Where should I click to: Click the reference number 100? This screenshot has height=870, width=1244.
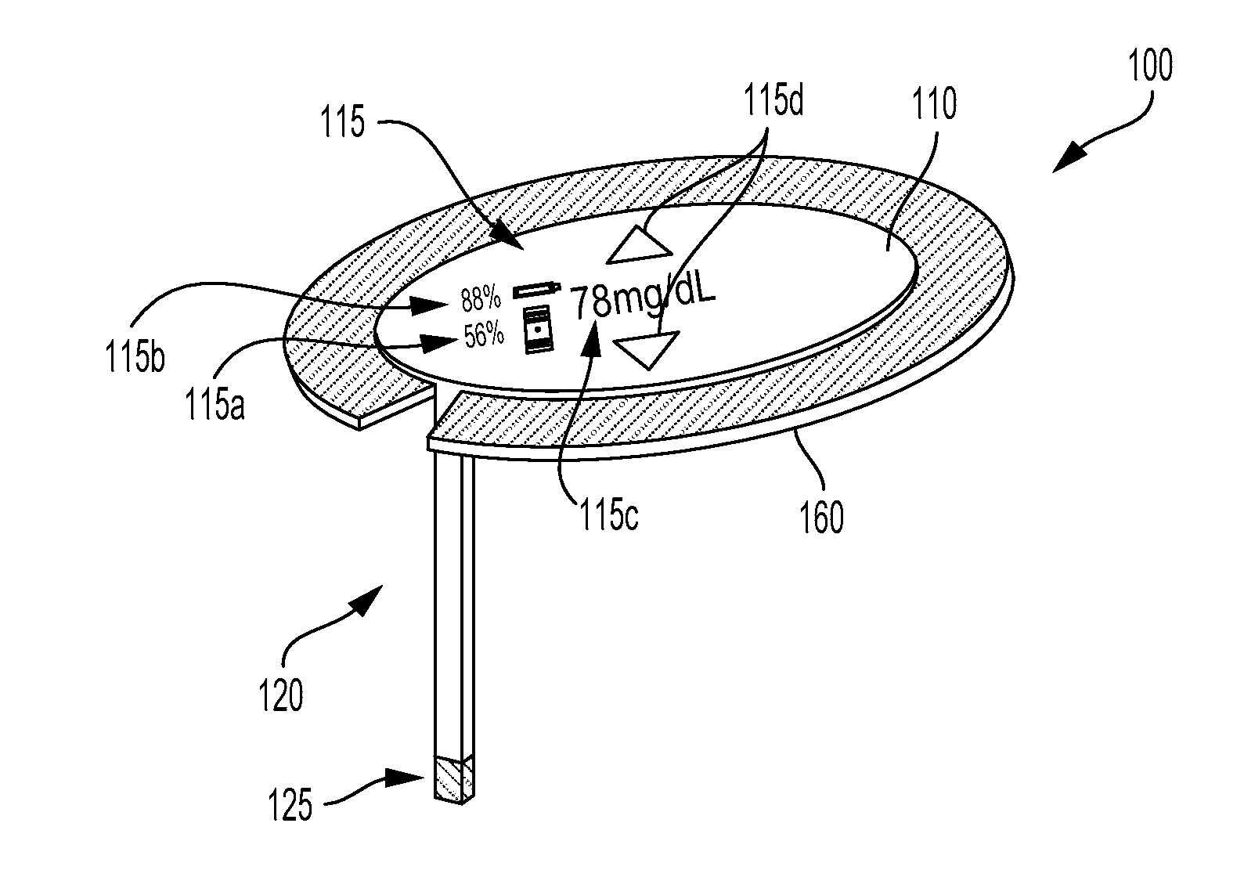point(1149,67)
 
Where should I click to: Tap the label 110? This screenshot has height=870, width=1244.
point(934,104)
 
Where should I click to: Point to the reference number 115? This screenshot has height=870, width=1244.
point(341,123)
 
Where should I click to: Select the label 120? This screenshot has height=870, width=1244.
point(281,695)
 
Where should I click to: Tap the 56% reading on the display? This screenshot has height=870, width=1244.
point(484,336)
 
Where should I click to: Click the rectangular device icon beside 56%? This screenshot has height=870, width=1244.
point(536,330)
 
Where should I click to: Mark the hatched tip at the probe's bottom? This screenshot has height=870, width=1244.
point(453,778)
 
